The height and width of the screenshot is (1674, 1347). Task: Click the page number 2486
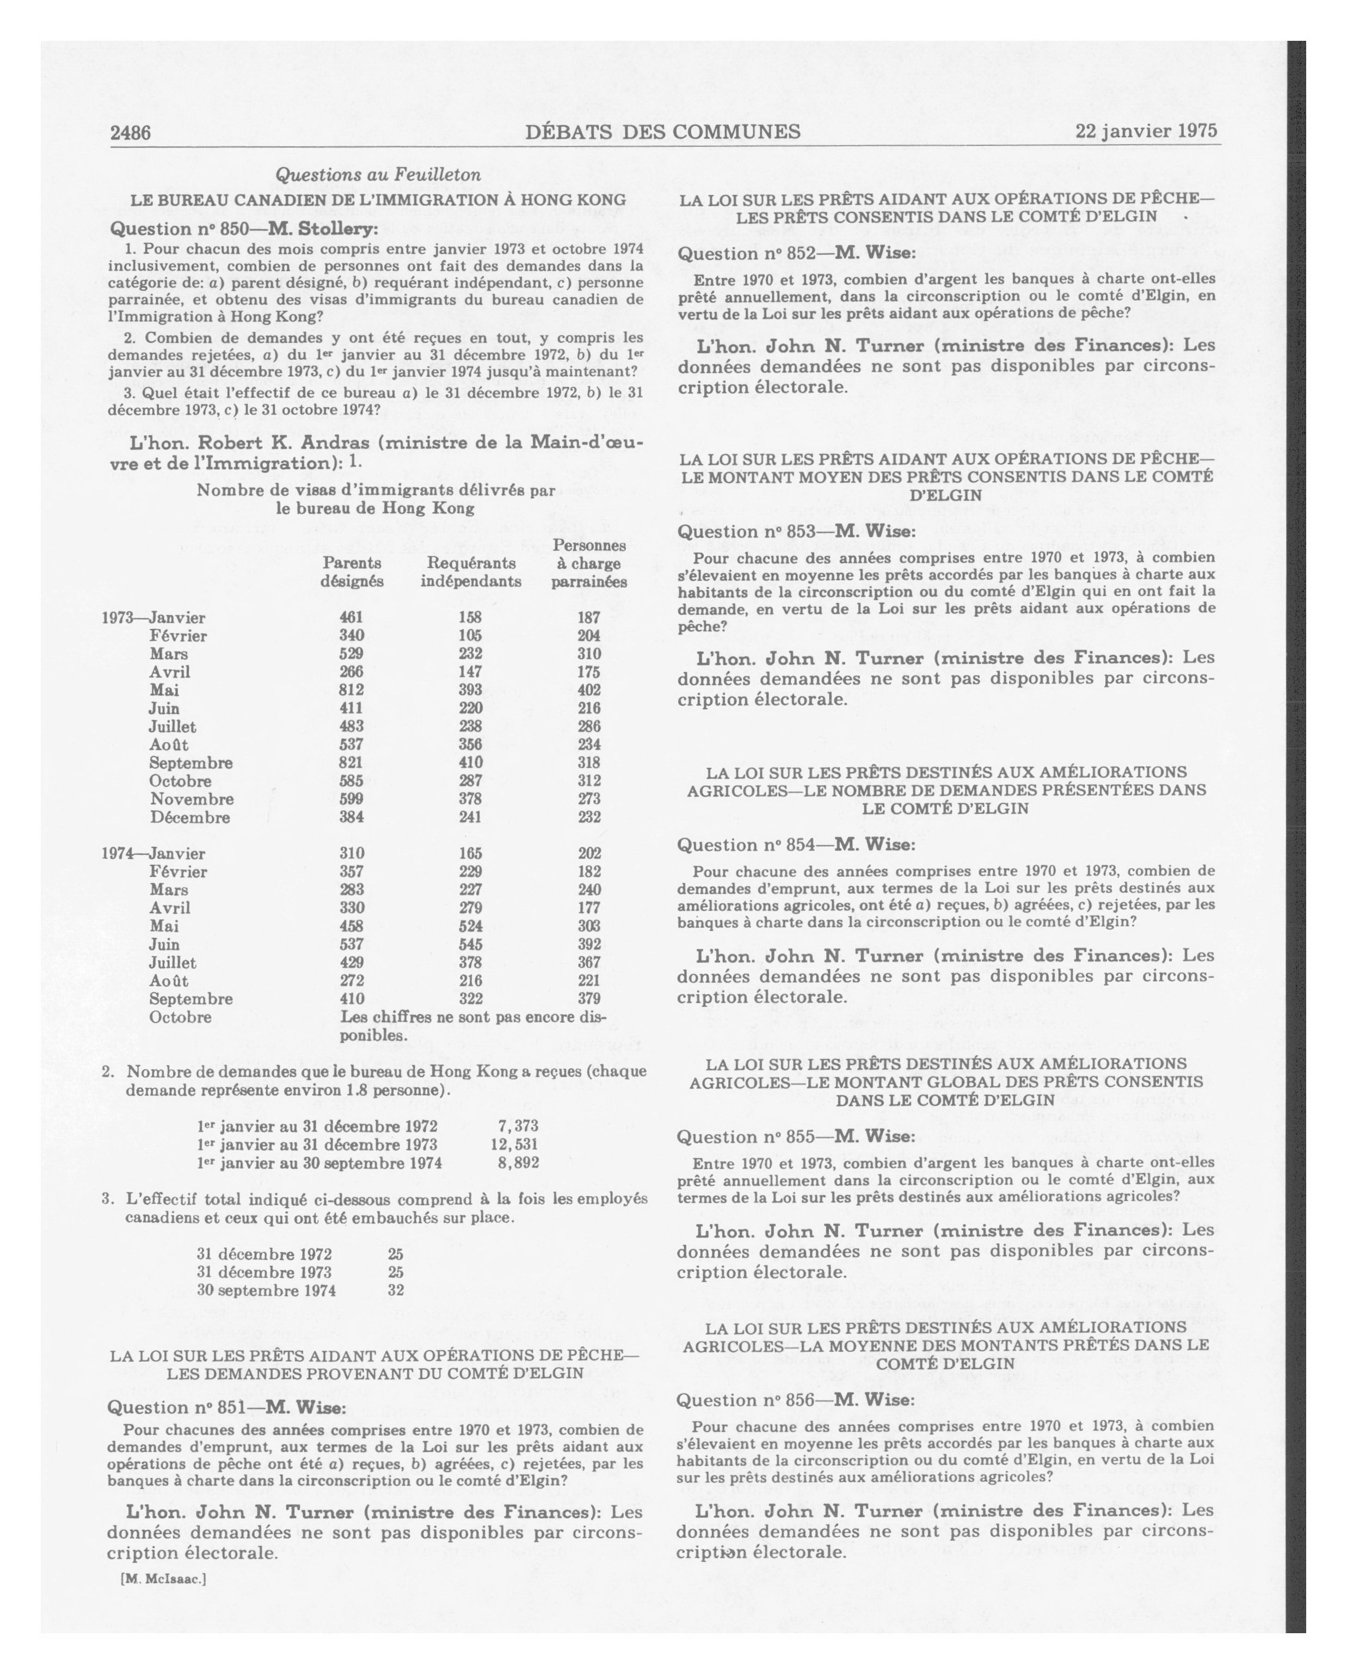[131, 133]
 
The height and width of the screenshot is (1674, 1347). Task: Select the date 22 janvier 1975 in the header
[1146, 131]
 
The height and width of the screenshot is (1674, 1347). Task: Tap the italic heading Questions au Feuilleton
[378, 175]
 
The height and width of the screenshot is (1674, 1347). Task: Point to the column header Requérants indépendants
[470, 571]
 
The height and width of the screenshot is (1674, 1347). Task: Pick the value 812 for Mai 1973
[351, 690]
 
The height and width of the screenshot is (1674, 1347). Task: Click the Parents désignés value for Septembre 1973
[351, 762]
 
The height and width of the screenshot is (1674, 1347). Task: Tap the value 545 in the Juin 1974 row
[470, 944]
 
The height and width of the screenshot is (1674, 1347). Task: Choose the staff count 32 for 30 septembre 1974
[395, 1290]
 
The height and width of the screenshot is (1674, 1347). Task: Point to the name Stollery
[336, 229]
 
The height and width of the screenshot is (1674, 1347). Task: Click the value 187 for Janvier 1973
[588, 618]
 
